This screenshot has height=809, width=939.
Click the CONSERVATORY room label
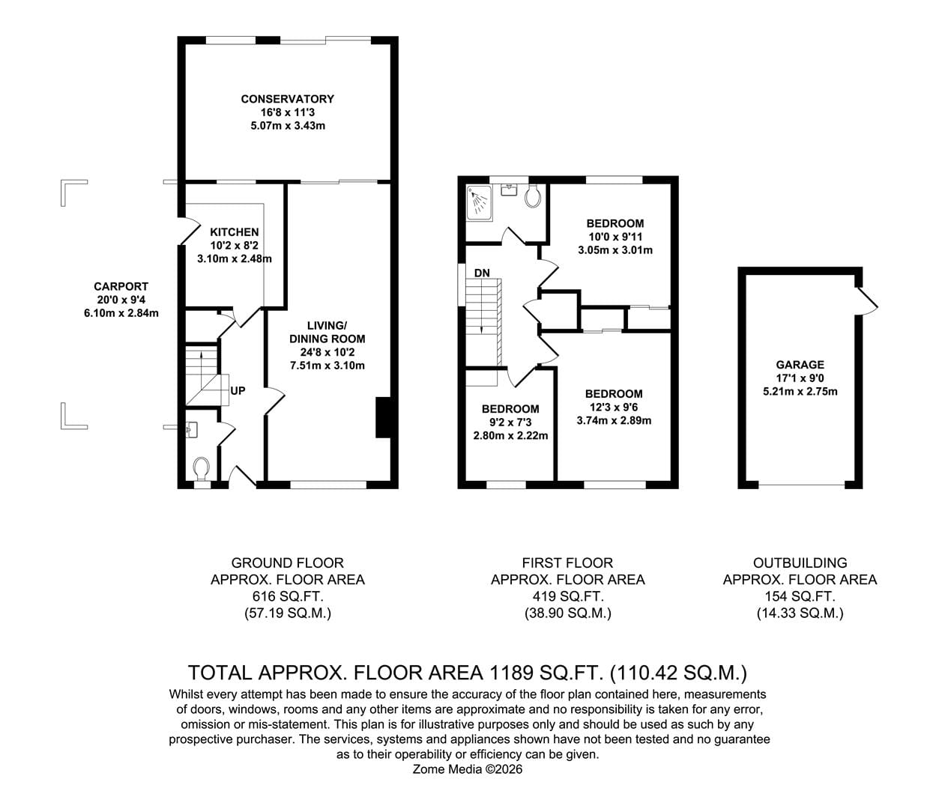point(287,99)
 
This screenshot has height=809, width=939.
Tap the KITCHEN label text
point(235,232)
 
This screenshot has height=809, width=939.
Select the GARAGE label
point(800,365)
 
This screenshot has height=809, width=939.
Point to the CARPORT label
point(121,286)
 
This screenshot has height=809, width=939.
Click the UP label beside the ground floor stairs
point(238,391)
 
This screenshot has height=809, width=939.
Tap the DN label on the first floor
point(482,273)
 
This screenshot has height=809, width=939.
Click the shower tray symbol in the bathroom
point(480,203)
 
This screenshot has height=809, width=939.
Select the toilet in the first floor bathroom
point(532,196)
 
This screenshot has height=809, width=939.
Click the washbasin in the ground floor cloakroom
point(192,429)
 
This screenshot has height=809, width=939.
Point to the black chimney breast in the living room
point(383,418)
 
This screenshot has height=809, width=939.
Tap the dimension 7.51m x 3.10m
point(327,366)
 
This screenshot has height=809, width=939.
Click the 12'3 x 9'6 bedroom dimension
point(614,407)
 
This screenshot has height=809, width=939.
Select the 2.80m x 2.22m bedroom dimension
point(510,436)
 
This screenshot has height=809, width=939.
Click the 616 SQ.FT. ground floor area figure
point(288,596)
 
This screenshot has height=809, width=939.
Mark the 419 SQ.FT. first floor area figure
point(568,596)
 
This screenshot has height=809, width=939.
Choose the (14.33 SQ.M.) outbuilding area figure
point(800,613)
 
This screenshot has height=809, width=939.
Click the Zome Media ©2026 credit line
point(468,769)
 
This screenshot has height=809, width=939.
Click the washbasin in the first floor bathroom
point(510,190)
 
